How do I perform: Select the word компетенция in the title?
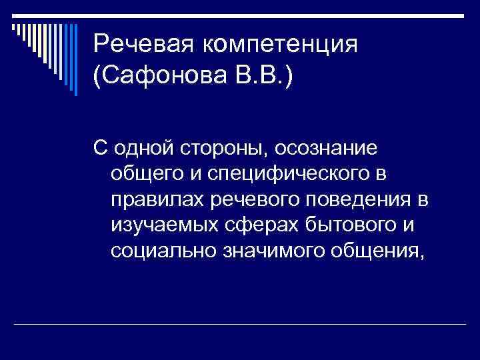[x=281, y=45]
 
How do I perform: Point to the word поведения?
[x=366, y=200]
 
